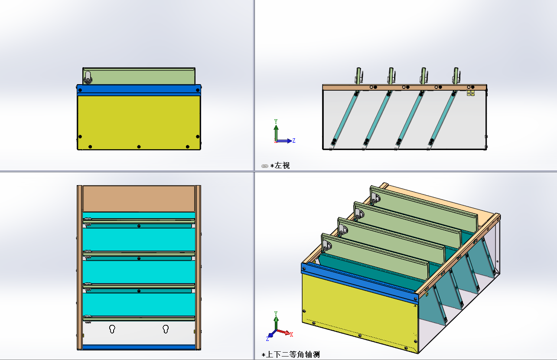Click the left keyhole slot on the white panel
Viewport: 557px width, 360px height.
(112, 329)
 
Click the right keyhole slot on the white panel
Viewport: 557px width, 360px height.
(166, 329)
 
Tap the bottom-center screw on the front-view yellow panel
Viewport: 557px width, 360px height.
(139, 147)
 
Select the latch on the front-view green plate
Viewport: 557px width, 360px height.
(88, 77)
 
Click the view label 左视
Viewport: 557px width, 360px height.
(282, 165)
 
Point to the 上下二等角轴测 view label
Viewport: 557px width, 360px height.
(293, 354)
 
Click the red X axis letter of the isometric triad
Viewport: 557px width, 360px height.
(291, 334)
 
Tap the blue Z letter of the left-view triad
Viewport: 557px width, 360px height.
(293, 141)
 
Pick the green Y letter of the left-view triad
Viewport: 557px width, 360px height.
(276, 121)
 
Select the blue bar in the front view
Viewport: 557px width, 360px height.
(139, 90)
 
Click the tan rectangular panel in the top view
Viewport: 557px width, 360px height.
(139, 199)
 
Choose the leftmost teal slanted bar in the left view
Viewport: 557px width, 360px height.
(345, 118)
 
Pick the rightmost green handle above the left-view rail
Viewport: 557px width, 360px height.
(456, 75)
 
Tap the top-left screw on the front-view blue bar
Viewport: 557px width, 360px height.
(80, 90)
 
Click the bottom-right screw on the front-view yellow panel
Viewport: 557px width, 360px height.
(188, 147)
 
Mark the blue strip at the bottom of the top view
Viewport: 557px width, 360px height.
(139, 347)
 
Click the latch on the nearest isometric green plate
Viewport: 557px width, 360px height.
(326, 245)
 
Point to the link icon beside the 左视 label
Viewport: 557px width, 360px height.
(264, 166)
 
